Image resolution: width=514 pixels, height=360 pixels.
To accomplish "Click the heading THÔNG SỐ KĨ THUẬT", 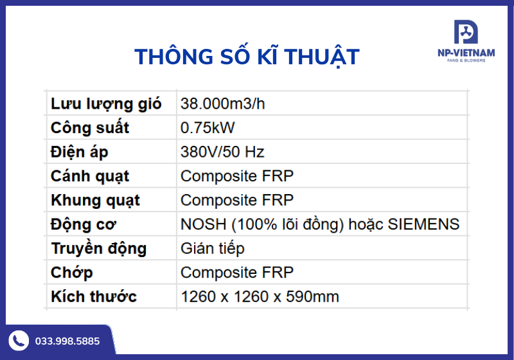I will coord(247,57).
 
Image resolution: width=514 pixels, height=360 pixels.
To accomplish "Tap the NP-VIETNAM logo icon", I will coord(465,33).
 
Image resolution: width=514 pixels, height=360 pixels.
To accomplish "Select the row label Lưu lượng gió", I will coord(106,104).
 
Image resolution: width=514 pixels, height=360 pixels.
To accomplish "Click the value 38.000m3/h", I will coord(222,104).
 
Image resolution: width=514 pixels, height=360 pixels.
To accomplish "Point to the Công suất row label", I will coord(90,128).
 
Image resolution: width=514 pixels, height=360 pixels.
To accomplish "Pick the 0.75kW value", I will coord(208,128).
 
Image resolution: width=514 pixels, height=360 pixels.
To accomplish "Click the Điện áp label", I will coord(80,152).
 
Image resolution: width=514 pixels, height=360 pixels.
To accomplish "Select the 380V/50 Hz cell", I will coord(222,152).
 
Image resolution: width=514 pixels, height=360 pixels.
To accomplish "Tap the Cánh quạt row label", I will coord(90,176).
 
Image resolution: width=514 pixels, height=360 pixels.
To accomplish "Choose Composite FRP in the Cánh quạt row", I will coord(237,176).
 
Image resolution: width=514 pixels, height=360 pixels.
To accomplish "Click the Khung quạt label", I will coord(95,201).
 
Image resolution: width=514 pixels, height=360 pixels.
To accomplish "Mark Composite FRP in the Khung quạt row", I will coord(237,201).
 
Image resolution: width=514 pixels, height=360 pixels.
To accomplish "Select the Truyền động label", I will coord(99,249).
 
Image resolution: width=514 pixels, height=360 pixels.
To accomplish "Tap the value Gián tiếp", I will coord(213,249).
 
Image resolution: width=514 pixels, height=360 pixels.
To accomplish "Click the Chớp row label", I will coord(72,273).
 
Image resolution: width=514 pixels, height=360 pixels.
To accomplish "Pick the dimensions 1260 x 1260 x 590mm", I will coord(260,297).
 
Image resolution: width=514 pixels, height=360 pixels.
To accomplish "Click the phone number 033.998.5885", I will coord(67,341).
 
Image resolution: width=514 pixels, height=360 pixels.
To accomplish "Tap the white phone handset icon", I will coord(19,340).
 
